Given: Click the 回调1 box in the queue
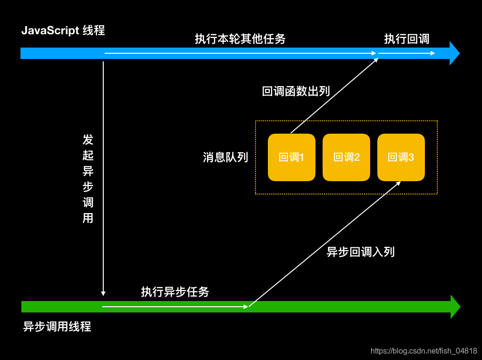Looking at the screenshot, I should (x=291, y=157).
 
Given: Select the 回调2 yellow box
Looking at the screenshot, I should (x=346, y=157).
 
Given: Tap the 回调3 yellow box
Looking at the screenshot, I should (x=401, y=157).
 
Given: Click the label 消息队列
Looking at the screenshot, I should (x=225, y=157).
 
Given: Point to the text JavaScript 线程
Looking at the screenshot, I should (x=63, y=31).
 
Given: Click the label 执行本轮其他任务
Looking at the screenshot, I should (x=240, y=39).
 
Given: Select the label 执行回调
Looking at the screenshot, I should (x=406, y=39).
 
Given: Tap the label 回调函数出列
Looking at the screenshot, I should (x=295, y=91).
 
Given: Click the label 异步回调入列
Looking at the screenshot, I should (x=360, y=252).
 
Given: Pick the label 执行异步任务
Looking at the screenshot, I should (x=175, y=292).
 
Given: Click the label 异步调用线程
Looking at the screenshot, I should (x=57, y=327).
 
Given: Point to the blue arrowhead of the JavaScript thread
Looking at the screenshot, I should (x=454, y=53).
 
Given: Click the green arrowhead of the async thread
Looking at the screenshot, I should (x=455, y=307).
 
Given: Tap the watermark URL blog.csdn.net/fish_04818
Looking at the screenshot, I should (x=423, y=351).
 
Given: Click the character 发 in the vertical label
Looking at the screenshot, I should (x=88, y=140).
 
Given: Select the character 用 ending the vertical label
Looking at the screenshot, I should (x=88, y=218).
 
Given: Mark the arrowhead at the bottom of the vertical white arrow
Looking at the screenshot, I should (x=103, y=293).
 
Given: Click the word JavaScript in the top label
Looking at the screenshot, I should (x=49, y=31).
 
